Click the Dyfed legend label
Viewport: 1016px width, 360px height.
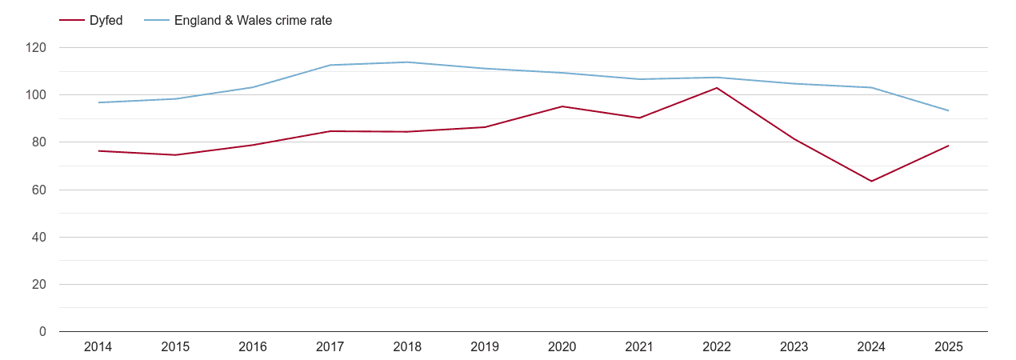pyautogui.click(x=106, y=21)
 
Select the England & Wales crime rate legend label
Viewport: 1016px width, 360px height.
pyautogui.click(x=253, y=21)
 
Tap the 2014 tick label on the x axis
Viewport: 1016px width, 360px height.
pyautogui.click(x=98, y=347)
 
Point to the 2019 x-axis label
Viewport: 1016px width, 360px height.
pyautogui.click(x=485, y=347)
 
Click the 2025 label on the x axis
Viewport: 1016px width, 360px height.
pyautogui.click(x=949, y=347)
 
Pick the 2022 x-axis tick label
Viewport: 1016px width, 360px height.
pyautogui.click(x=717, y=347)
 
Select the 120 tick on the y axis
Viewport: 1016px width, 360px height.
pyautogui.click(x=36, y=48)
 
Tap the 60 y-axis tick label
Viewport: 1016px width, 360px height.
pyautogui.click(x=39, y=190)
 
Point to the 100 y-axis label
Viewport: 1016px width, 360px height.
pyautogui.click(x=36, y=95)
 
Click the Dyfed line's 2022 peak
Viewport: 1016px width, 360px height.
pyautogui.click(x=717, y=88)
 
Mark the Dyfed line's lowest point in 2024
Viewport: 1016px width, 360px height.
pyautogui.click(x=871, y=181)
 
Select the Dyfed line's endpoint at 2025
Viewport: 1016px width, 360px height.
pyautogui.click(x=949, y=146)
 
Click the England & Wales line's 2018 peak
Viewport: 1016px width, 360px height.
pyautogui.click(x=407, y=62)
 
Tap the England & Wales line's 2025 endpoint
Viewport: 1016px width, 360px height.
pyautogui.click(x=949, y=110)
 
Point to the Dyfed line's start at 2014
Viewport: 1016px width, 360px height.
pyautogui.click(x=98, y=151)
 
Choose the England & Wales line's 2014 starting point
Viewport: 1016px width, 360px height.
pyautogui.click(x=98, y=102)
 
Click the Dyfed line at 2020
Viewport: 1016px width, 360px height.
pyautogui.click(x=562, y=106)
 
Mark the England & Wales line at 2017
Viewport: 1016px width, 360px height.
pyautogui.click(x=330, y=65)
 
